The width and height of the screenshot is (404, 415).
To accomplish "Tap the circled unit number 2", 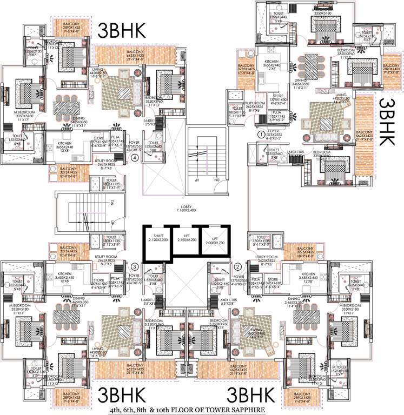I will [237, 266].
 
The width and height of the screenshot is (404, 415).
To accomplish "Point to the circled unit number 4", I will [134, 158].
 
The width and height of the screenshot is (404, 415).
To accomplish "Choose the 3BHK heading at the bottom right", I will [253, 393].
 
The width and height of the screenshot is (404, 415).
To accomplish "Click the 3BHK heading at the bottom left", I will [120, 393].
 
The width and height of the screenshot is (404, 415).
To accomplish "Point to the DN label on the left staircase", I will [111, 203].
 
